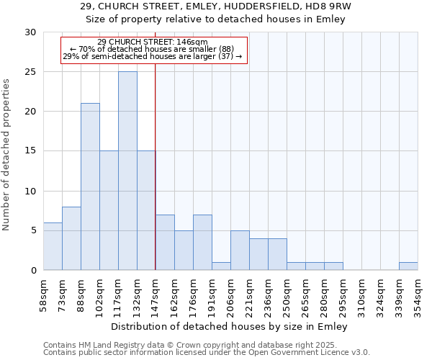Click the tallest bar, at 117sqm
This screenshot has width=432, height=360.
(x=127, y=171)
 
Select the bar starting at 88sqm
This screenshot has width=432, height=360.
(x=90, y=186)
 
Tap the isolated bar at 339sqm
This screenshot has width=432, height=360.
(x=408, y=266)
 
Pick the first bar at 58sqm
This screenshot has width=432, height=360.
(x=53, y=246)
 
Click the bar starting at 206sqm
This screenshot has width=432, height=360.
(x=240, y=250)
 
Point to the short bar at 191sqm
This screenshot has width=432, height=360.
(x=221, y=266)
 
